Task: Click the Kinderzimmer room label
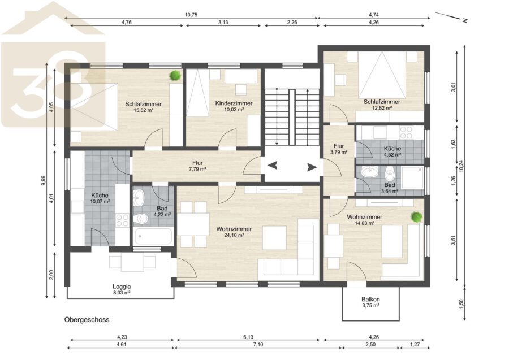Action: pos(234,103)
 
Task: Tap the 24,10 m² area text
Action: pos(234,236)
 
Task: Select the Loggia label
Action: pos(122,287)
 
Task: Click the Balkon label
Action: pos(370,300)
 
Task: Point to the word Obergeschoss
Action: pos(87,320)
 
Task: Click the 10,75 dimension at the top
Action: pos(191,15)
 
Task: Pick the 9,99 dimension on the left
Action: pos(44,181)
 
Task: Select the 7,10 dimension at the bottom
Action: pos(258,344)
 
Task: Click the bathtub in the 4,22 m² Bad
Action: pos(153,236)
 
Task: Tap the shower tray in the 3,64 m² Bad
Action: pos(413,177)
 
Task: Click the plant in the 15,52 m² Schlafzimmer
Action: pos(175,76)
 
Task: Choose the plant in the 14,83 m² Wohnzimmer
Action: pos(416,217)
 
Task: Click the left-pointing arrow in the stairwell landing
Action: pos(273,166)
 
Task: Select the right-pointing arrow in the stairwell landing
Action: pos(312,167)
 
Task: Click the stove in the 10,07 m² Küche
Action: pos(122,220)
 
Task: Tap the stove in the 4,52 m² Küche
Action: pos(406,132)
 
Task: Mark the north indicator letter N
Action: pos(465,20)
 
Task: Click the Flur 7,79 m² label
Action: pos(197,166)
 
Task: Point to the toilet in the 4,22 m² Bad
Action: pos(141,219)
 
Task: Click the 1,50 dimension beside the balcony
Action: pos(461,304)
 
